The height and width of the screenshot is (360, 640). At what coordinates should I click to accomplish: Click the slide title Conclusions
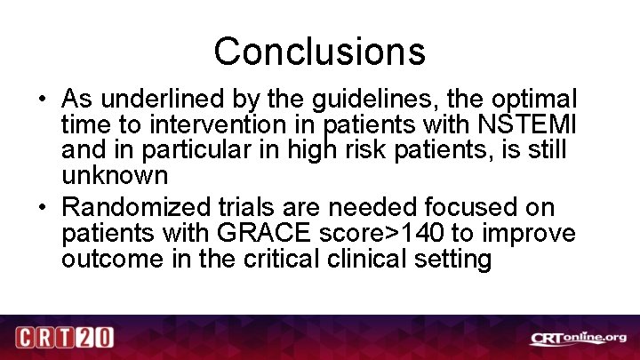tap(319, 52)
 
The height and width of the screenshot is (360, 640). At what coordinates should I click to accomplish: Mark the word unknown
tap(115, 174)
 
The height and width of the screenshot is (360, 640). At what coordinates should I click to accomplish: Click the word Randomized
tap(137, 208)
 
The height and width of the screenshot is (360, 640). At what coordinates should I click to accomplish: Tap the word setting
tap(453, 259)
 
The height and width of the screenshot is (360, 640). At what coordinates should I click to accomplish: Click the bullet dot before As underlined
tap(43, 99)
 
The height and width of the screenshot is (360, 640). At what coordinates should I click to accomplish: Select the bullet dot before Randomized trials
tap(43, 209)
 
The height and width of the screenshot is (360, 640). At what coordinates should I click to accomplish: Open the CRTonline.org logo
tap(579, 338)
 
